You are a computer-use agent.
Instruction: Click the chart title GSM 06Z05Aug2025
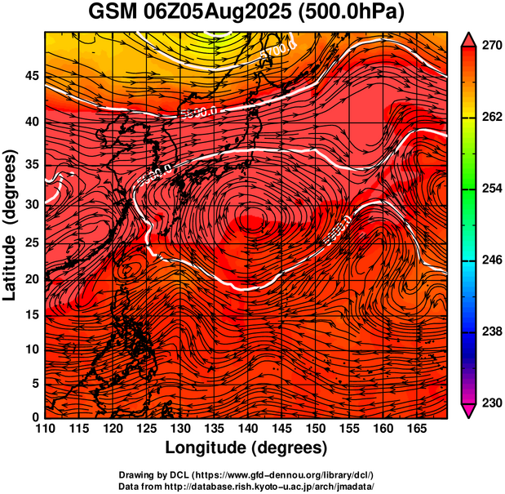tap(197, 14)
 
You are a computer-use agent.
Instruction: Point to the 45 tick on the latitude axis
tap(32, 75)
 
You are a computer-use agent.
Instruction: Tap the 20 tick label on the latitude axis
tap(32, 280)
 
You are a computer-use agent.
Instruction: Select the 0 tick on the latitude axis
tap(36, 417)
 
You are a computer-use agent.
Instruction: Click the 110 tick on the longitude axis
tap(45, 429)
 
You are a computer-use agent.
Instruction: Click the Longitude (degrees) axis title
tap(246, 448)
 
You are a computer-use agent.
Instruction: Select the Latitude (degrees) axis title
tap(11, 225)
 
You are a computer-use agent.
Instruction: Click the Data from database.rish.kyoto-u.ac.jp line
tap(246, 486)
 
